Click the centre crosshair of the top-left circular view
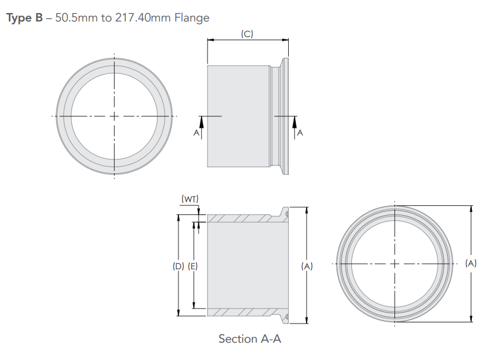[114, 116]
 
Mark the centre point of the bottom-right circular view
[395, 264]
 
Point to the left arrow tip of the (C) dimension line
[208, 39]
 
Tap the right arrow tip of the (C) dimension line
[288, 39]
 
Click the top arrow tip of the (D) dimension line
[178, 215]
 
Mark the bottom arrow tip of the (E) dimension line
[194, 308]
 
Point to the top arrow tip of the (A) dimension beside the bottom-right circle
[471, 206]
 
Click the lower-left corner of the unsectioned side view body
[208, 167]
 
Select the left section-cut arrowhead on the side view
[202, 122]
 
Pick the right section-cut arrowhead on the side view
[295, 122]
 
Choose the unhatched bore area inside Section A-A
[248, 265]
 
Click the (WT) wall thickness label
[190, 199]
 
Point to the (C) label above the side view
[247, 34]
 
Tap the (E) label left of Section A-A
[193, 266]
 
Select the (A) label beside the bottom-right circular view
[471, 263]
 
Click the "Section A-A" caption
[249, 339]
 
